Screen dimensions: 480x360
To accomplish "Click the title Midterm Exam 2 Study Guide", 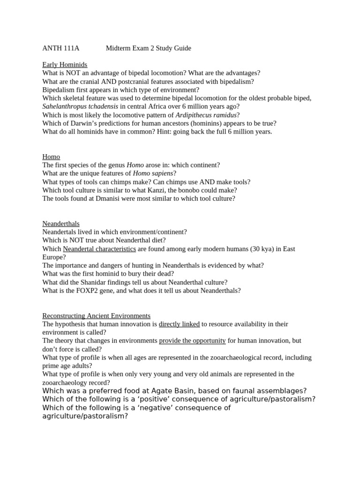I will (148, 48).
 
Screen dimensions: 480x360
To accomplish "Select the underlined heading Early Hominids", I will (65, 65).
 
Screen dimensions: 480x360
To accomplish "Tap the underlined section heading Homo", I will (51, 157).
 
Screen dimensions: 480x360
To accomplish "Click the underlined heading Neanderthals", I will (61, 224).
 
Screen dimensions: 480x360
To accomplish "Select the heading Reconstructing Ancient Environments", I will (96, 316).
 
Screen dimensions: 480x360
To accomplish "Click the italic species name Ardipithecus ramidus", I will (206, 115).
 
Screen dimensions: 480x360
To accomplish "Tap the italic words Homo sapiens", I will (153, 173).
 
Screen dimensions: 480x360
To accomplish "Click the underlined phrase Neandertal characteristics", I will (99, 249).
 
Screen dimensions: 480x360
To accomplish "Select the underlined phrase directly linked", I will (179, 324).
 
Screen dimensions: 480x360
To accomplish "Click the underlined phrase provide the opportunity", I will (192, 341).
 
